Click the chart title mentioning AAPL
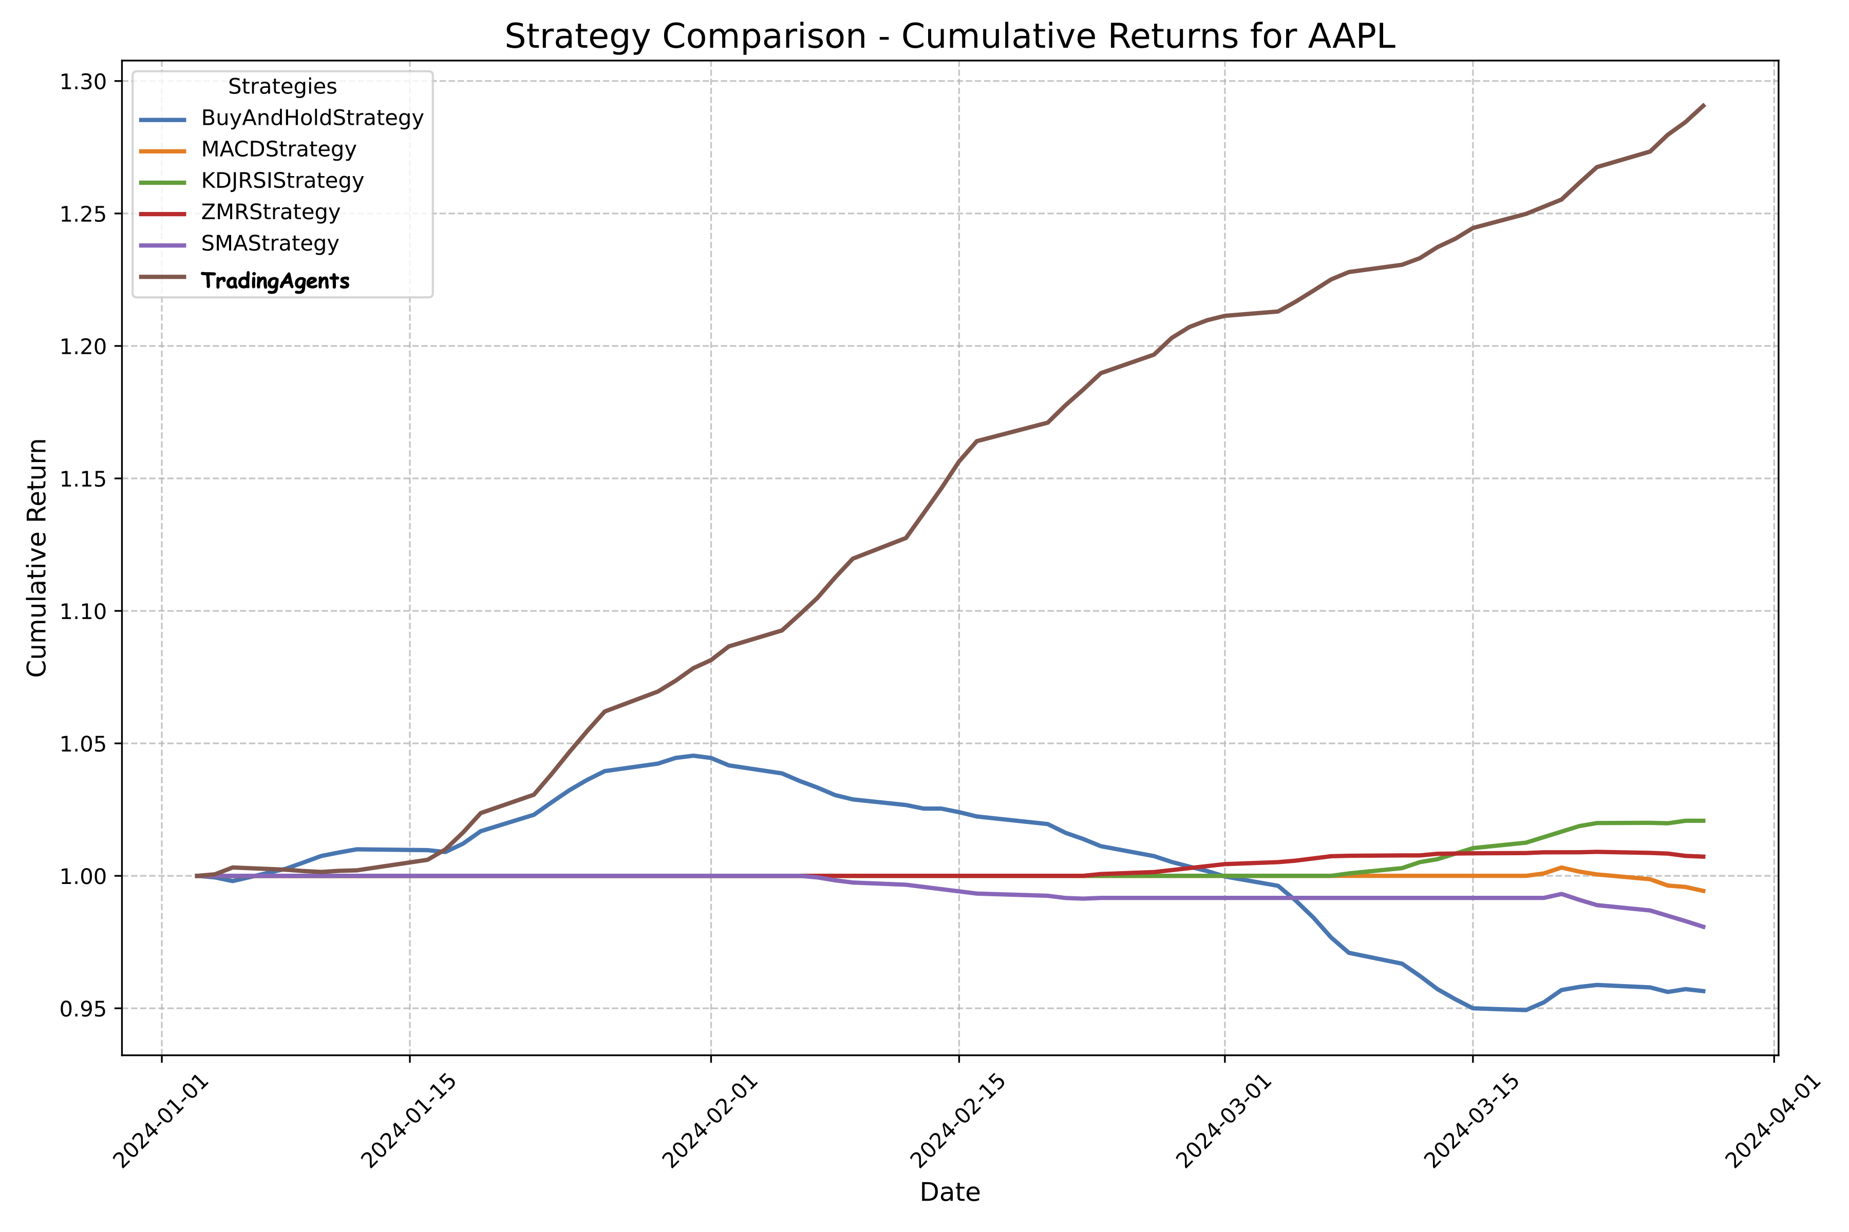[950, 37]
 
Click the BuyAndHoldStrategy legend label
[312, 118]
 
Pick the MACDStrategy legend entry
[278, 149]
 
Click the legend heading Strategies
[282, 86]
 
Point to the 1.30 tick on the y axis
[83, 82]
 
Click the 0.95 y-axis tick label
[83, 1009]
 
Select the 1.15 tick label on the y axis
[83, 478]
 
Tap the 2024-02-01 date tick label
[709, 1120]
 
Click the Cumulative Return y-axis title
[37, 558]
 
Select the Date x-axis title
[950, 1192]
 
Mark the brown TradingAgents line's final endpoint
[1704, 105]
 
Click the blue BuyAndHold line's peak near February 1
[692, 756]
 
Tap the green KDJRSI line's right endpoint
[1704, 820]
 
